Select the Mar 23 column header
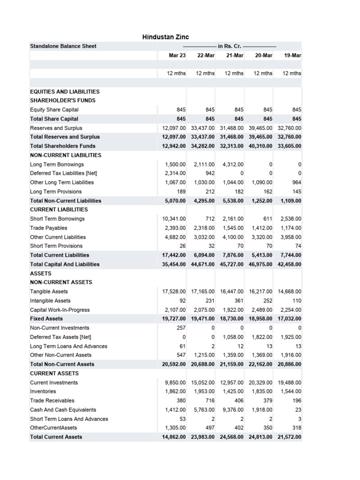tap(177, 55)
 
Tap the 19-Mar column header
tap(292, 55)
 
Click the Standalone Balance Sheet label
tap(63, 46)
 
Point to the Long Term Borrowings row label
tap(57, 164)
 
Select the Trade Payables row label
tap(49, 228)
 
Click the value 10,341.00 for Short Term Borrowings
tap(174, 219)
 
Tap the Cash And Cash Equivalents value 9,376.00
tap(232, 410)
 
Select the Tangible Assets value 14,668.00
tap(289, 292)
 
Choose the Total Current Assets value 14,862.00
tap(174, 437)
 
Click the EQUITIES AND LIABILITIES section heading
tap(65, 91)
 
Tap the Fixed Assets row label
tap(46, 319)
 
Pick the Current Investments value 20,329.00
tap(261, 382)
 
